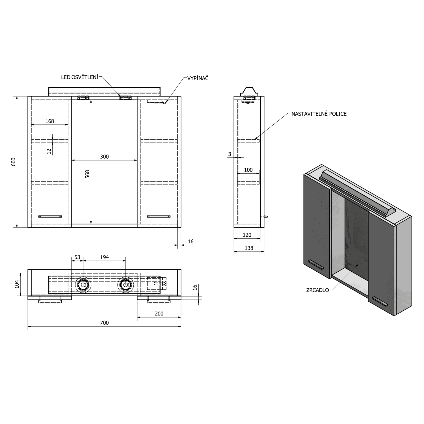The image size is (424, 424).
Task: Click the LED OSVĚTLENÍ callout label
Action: (80, 77)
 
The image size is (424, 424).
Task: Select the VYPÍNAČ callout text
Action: (198, 78)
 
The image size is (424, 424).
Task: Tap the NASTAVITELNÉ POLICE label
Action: (319, 114)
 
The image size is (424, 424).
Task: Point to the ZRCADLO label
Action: (317, 290)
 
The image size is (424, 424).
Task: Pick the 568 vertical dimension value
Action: (87, 174)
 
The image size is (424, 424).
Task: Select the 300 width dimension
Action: (104, 157)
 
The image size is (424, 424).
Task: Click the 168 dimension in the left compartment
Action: (49, 121)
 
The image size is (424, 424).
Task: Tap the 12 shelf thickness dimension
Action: (49, 151)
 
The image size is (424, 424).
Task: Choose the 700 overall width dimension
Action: (104, 323)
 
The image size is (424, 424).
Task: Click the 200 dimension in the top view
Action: (159, 313)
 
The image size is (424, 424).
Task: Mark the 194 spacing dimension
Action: (104, 257)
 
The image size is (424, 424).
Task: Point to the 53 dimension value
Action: (77, 257)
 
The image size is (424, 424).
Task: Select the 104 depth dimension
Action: (17, 284)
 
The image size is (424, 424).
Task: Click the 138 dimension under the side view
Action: (249, 248)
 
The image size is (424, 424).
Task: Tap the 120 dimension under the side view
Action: (247, 235)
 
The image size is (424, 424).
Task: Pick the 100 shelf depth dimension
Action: (248, 170)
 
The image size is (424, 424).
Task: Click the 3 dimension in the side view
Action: (230, 154)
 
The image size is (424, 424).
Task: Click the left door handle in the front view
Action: (50, 217)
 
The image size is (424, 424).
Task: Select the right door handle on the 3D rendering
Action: (380, 301)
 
